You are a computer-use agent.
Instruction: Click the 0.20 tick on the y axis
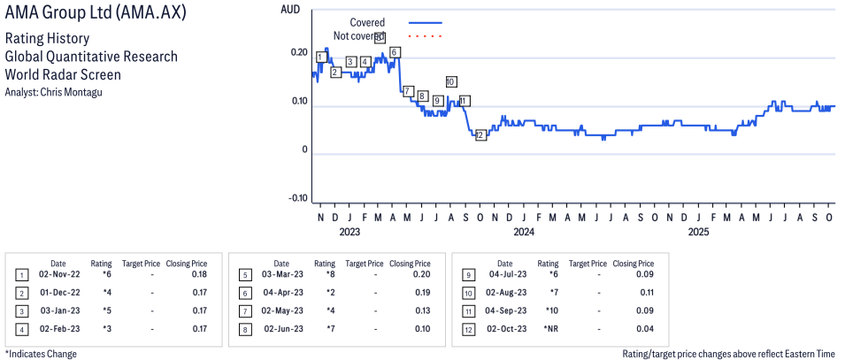(297, 53)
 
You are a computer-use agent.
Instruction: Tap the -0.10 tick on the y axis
(296, 198)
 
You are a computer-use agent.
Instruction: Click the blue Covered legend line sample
(426, 22)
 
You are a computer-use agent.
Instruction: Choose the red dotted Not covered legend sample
(426, 36)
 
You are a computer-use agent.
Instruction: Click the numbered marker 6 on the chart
(394, 52)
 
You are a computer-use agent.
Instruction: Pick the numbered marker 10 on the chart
(451, 81)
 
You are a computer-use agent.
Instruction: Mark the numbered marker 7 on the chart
(408, 91)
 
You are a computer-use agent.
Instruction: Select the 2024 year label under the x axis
(524, 233)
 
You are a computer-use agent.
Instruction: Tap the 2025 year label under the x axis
(699, 233)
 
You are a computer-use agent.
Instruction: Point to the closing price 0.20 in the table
(421, 275)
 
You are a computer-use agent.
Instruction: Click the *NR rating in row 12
(549, 329)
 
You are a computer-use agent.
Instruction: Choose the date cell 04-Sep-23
(505, 310)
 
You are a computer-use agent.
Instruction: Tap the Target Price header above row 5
(365, 264)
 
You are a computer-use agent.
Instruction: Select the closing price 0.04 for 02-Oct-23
(645, 329)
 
